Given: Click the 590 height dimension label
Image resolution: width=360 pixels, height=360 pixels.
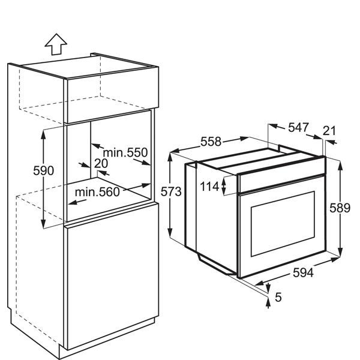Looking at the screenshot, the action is point(43,170).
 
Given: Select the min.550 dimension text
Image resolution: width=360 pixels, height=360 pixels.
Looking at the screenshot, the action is point(125,152).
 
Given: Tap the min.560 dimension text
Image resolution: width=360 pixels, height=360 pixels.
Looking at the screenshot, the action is point(97,192).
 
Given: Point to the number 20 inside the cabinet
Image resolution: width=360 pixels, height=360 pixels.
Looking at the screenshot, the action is point(101,163).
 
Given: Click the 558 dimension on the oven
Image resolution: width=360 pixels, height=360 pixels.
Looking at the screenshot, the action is point(211,142).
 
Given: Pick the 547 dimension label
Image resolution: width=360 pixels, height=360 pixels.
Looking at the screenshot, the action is point(298,127).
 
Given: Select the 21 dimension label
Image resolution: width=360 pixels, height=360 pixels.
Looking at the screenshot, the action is point(329,131).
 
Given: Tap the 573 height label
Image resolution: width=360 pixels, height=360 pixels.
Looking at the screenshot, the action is point(171,191).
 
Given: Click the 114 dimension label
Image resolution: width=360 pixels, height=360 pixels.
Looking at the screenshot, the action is point(209,186).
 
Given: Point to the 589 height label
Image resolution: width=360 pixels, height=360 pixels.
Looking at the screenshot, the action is point(340,208).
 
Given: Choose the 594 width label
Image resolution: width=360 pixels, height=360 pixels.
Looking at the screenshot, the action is point(303,273).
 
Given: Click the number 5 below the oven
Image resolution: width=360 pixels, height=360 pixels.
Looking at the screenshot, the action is point(278,298).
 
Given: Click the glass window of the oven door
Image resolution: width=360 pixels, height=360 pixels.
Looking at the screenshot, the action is point(283,224).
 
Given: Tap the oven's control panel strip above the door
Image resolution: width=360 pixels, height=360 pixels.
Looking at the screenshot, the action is point(281,175).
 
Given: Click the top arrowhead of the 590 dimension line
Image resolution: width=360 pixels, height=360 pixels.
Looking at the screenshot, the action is point(43,134).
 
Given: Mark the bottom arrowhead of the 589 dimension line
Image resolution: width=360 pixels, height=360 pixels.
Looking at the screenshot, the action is point(340,251).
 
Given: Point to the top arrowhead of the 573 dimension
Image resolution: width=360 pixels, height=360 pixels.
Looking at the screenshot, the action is point(170,157).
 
